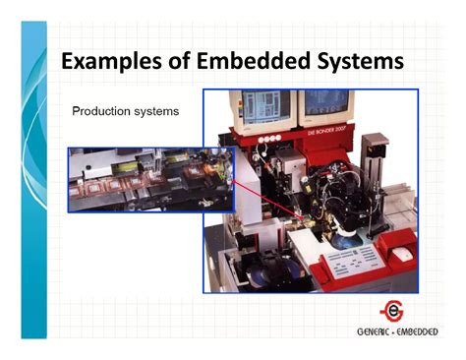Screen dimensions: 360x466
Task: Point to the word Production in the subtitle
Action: pyautogui.click(x=102, y=111)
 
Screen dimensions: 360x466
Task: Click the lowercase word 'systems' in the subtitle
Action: pyautogui.click(x=156, y=111)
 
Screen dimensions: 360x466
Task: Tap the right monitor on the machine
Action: pyautogui.click(x=325, y=105)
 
